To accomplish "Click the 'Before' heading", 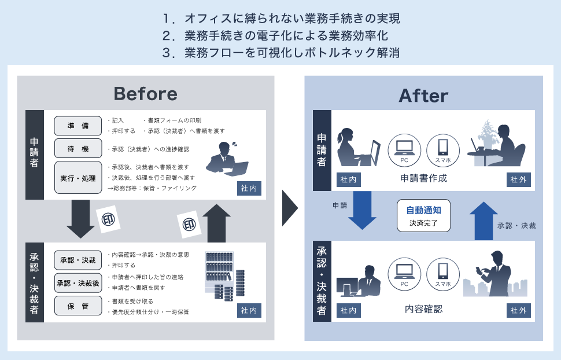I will click(x=145, y=94).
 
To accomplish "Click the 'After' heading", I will click(x=423, y=95).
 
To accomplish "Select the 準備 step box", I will click(x=77, y=126).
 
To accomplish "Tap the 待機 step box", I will click(x=77, y=149).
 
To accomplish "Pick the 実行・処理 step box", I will click(x=77, y=178).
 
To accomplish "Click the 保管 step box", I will click(x=77, y=306).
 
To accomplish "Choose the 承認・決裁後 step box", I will click(x=77, y=282).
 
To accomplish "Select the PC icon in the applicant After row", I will click(x=404, y=149).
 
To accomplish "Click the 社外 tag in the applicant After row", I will click(x=518, y=180).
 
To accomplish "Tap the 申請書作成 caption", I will click(x=423, y=178).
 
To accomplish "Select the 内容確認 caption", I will click(x=423, y=309).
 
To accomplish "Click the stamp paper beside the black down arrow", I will click(x=108, y=220).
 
